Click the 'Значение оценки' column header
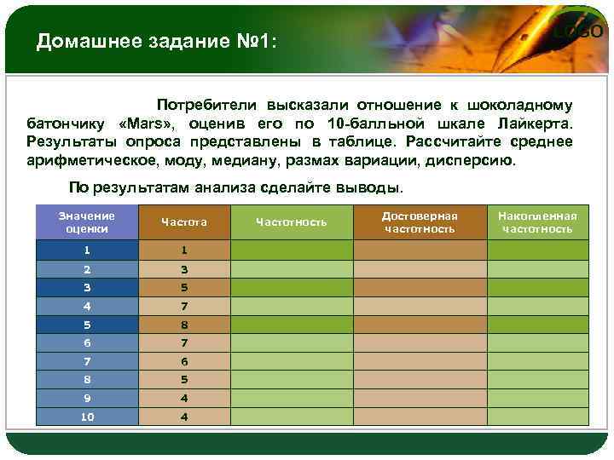coord(86,221)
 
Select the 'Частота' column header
coord(183,221)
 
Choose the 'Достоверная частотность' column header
coord(419,221)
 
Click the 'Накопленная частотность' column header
coord(536,221)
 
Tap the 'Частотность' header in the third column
coord(291,221)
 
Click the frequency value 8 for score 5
coord(183,325)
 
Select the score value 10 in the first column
coord(86,417)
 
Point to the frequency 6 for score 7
coord(183,361)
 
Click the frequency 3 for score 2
coord(183,269)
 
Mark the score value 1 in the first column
coord(86,250)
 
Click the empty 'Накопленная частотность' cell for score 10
coord(536,417)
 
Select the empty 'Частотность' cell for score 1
coord(291,250)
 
